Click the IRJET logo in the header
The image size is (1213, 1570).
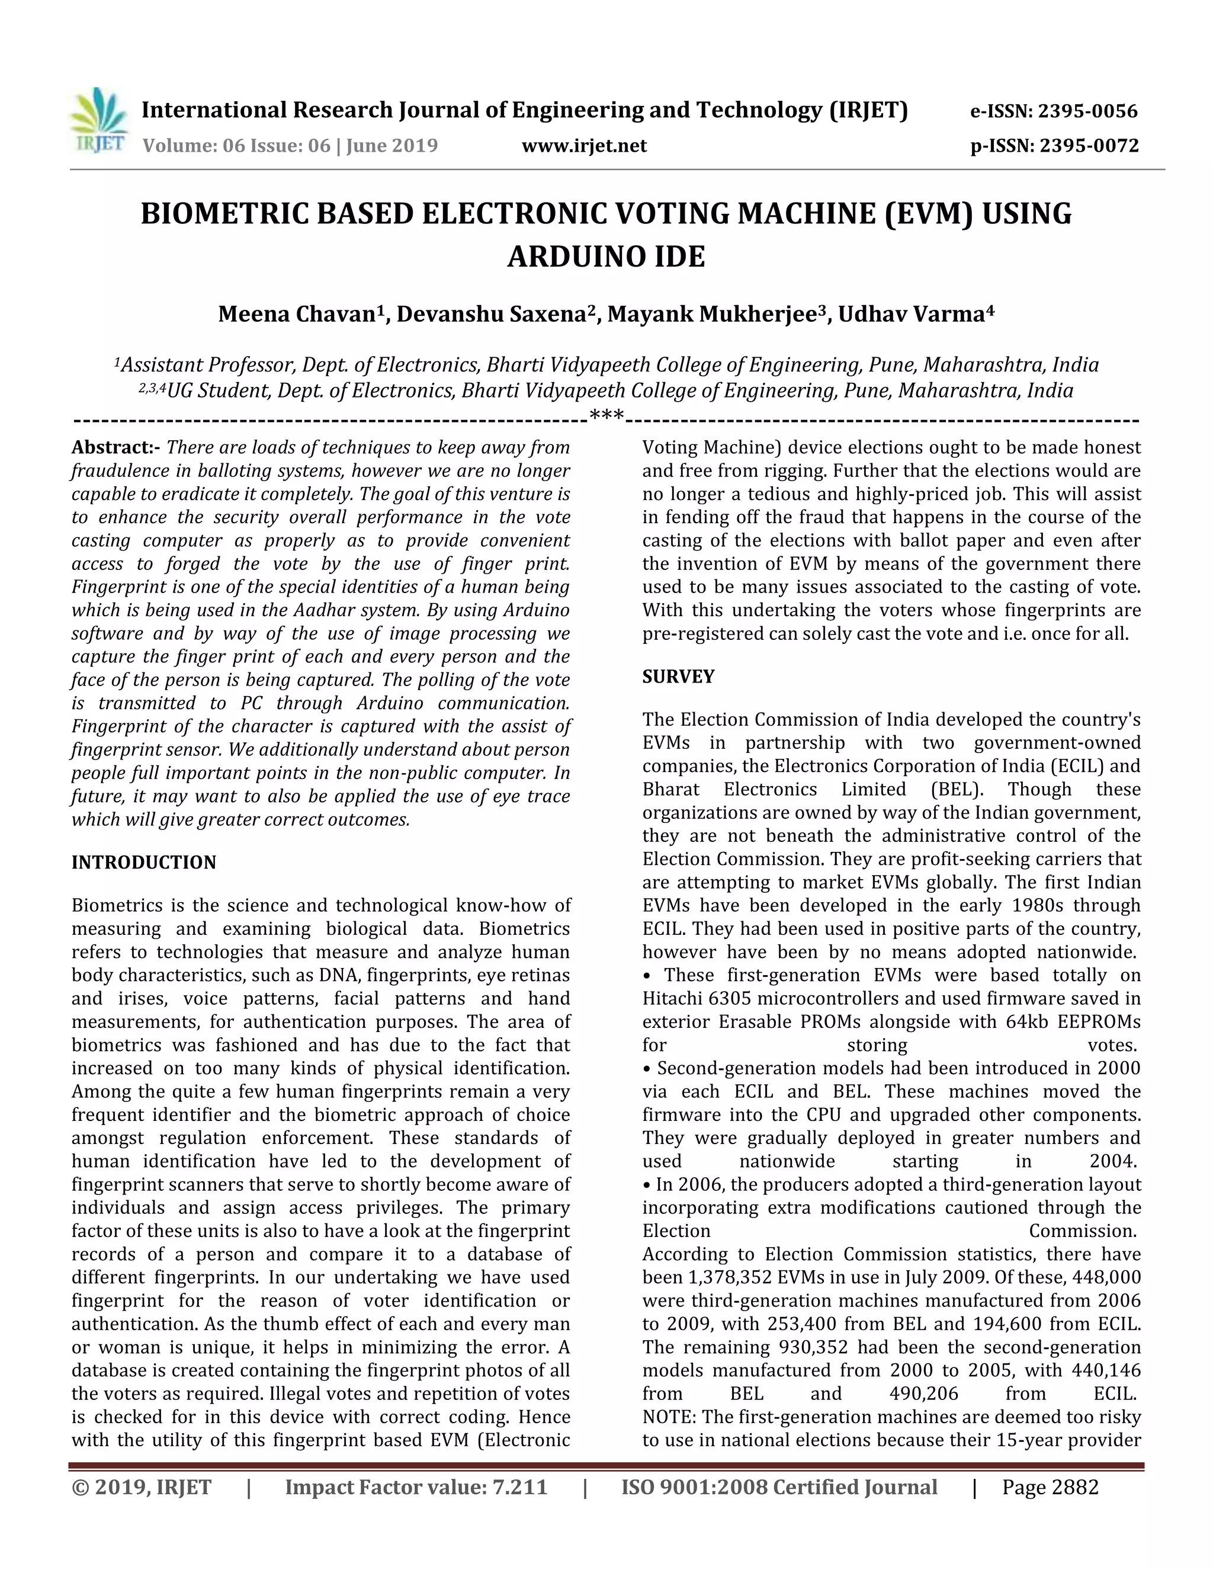click(99, 121)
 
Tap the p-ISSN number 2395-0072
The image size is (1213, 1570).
click(1089, 146)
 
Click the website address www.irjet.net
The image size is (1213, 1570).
click(583, 146)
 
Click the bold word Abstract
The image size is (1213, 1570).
click(114, 447)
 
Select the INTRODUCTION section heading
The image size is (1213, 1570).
click(144, 862)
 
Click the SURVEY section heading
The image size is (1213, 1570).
click(678, 677)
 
